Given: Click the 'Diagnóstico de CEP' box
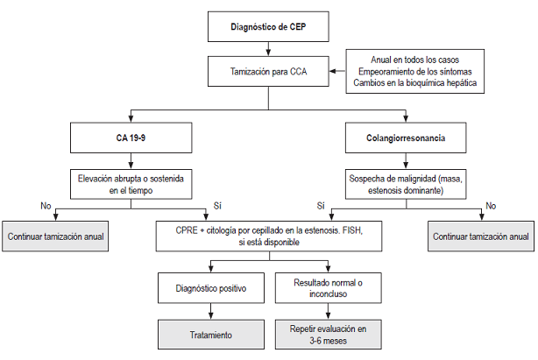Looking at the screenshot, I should click(268, 26).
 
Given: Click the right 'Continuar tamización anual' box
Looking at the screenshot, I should click(481, 236).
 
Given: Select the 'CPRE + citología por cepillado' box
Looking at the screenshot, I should click(268, 236).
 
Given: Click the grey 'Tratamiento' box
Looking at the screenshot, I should click(210, 335).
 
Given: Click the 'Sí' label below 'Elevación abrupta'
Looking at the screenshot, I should click(216, 207).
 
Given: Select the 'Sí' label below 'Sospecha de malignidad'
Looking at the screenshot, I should click(321, 207).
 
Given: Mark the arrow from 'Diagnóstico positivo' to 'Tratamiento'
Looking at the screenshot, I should click(210, 310).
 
